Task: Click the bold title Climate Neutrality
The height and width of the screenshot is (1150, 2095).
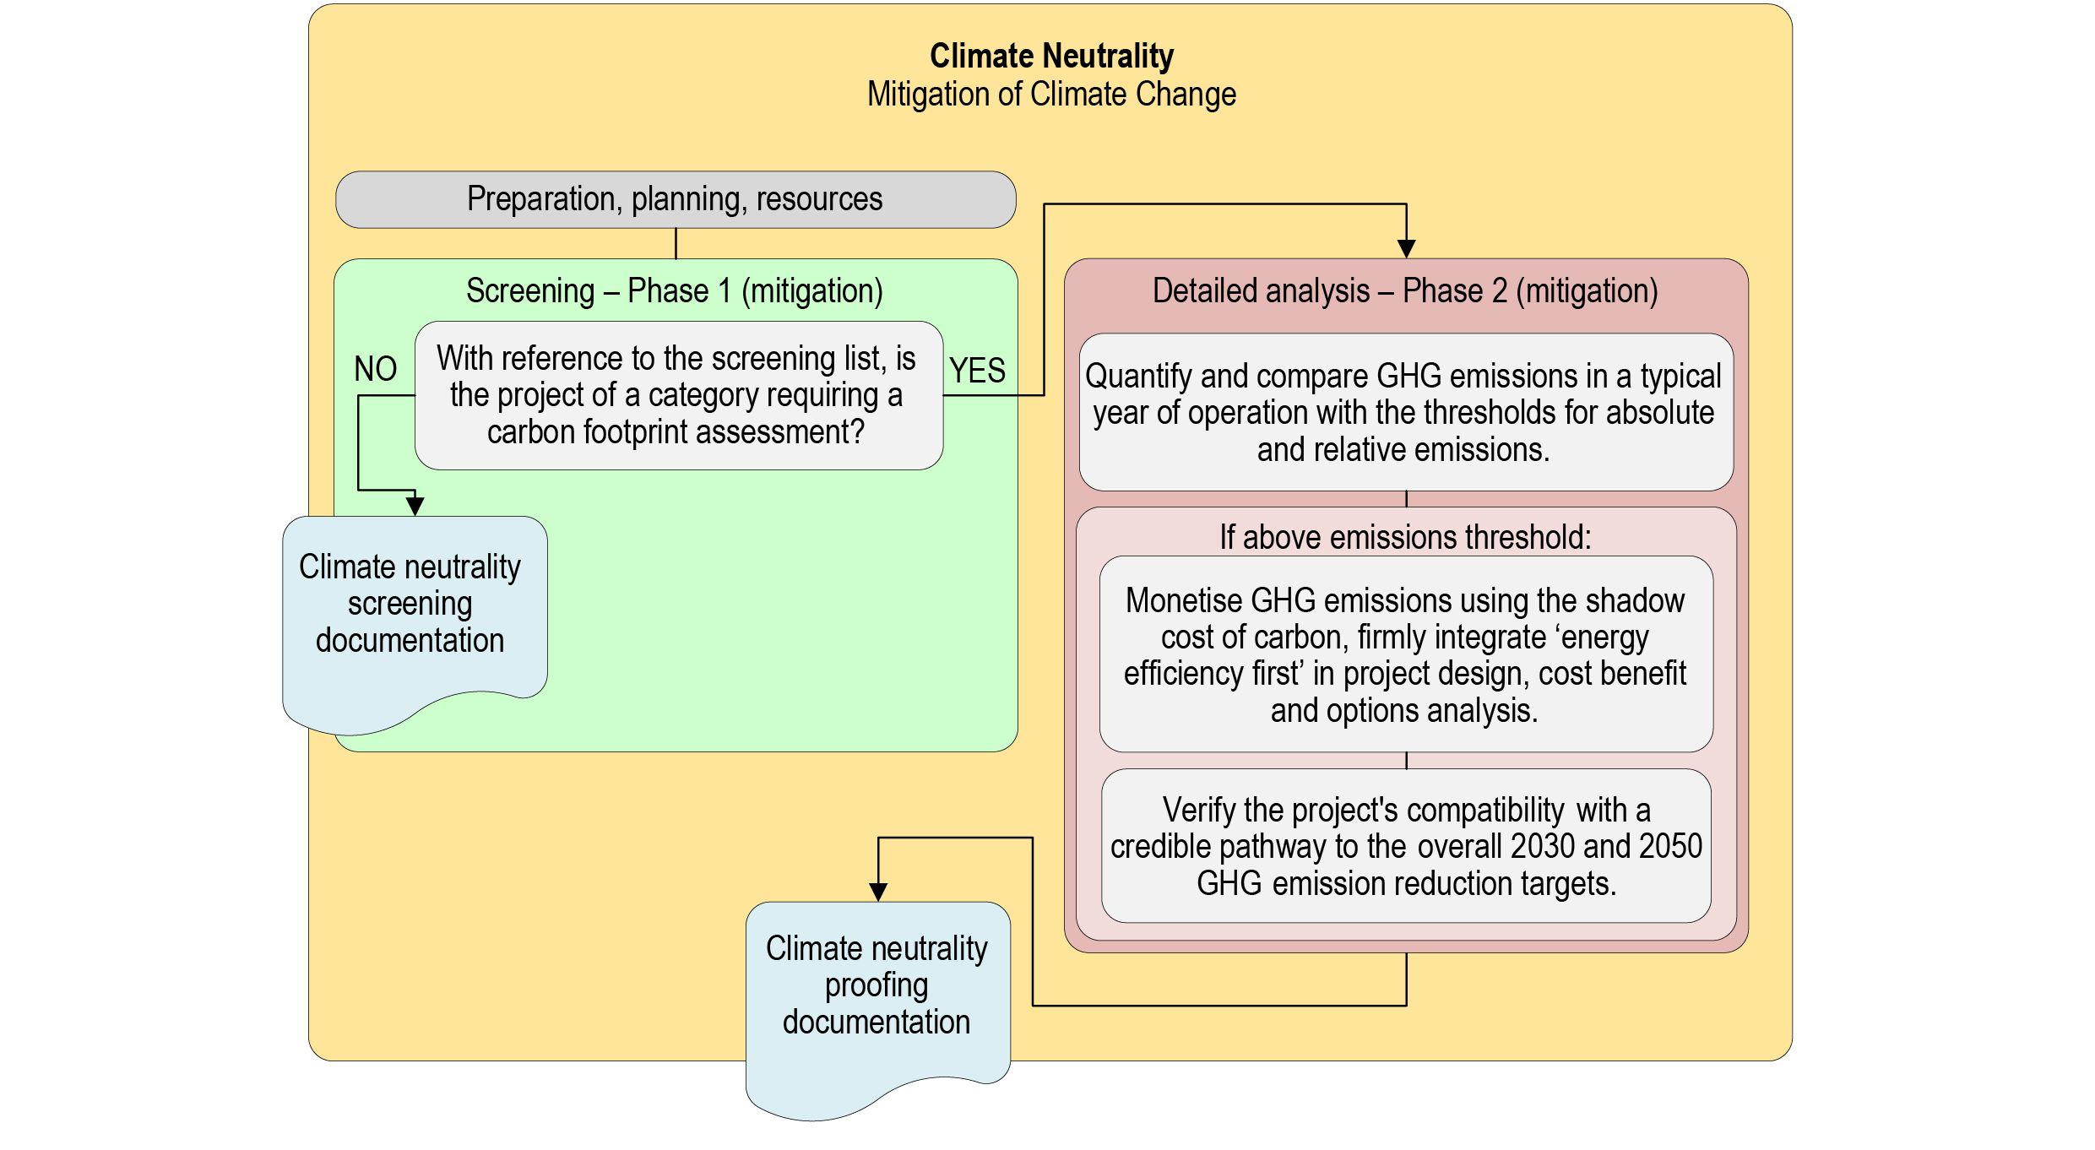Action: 1051,57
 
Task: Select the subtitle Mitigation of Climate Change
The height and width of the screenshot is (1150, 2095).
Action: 1051,95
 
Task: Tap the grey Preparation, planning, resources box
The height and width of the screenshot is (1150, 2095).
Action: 675,200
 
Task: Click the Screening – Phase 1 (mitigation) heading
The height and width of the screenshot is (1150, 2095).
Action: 675,291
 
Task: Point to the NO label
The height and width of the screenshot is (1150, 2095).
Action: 375,369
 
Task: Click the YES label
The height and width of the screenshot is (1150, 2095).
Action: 977,371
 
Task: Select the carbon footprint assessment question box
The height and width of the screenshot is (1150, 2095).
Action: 678,395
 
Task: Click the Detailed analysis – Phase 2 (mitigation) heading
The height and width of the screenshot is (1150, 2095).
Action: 1405,291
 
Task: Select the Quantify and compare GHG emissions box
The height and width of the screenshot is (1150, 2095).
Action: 1405,412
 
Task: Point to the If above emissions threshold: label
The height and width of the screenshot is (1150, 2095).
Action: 1405,537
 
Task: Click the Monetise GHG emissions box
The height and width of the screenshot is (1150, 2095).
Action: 1405,654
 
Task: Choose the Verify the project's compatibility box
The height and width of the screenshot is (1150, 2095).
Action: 1405,846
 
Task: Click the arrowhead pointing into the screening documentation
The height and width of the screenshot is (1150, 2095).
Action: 415,506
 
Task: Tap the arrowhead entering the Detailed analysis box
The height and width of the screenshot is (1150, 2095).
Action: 1406,248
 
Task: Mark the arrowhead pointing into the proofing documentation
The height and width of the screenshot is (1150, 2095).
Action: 878,892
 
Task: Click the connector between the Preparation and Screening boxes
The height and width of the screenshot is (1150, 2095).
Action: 676,243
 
